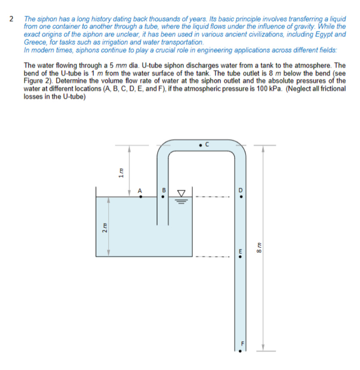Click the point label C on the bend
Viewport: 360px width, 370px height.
click(x=207, y=145)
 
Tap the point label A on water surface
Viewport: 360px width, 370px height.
click(x=140, y=191)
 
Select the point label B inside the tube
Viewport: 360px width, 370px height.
click(x=163, y=191)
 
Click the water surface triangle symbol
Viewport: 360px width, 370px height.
click(x=182, y=193)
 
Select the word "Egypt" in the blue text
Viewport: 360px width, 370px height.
click(x=324, y=34)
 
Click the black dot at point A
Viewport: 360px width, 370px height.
click(x=140, y=197)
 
